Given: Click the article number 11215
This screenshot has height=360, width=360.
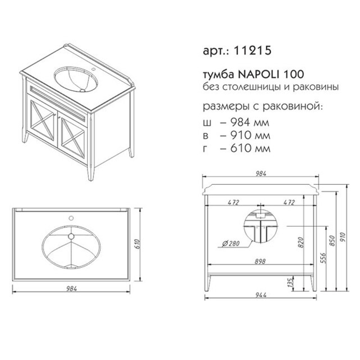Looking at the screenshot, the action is (x=252, y=50).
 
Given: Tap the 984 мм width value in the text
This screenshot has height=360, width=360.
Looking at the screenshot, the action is (x=249, y=122).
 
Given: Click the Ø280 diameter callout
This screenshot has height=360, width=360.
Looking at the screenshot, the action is (x=231, y=243).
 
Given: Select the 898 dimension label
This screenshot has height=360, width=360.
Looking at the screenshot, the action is (x=260, y=261).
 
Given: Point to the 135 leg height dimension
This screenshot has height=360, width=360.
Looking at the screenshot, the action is (x=291, y=283).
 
